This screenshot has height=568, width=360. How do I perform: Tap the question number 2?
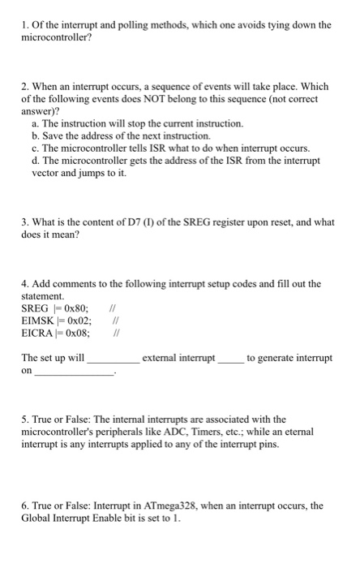coord(25,87)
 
